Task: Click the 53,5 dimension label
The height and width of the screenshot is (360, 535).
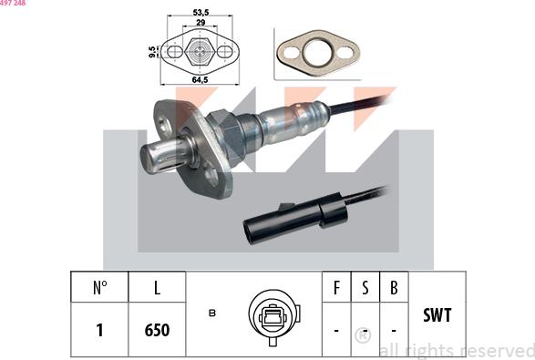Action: [x=201, y=12]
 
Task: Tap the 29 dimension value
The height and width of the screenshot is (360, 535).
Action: [x=201, y=23]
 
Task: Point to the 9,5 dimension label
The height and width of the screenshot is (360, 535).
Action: [x=152, y=52]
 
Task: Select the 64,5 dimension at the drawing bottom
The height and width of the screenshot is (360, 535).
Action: [x=200, y=80]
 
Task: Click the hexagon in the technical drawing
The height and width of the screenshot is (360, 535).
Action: [x=200, y=52]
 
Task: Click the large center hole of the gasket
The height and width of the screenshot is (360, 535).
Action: [x=318, y=53]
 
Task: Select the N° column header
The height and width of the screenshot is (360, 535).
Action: [x=99, y=287]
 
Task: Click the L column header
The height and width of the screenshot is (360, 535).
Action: [x=157, y=287]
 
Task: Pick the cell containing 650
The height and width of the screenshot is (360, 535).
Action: [x=157, y=330]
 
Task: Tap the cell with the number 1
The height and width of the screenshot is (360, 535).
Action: [x=99, y=330]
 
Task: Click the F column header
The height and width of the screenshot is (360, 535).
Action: [x=336, y=287]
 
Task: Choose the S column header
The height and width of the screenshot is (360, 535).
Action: [x=365, y=287]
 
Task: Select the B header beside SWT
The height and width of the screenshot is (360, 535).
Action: [x=394, y=287]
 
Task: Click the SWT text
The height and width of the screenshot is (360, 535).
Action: [x=437, y=315]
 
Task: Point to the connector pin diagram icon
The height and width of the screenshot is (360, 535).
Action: [x=274, y=317]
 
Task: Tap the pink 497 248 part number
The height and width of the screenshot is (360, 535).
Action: [x=13, y=3]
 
